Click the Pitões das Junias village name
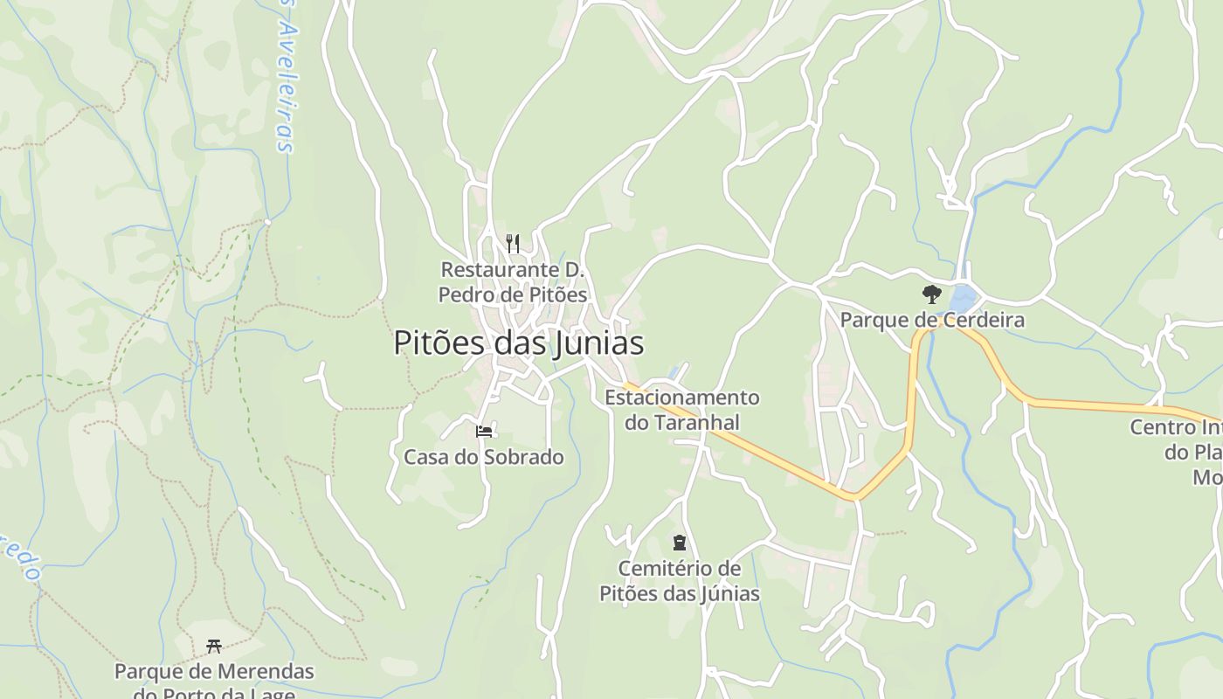click(x=518, y=343)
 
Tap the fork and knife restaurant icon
click(x=513, y=243)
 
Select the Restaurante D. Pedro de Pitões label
click(x=513, y=282)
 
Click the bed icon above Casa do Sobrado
click(x=484, y=432)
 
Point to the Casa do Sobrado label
click(x=483, y=457)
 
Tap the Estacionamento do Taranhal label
click(x=681, y=410)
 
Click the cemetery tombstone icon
click(x=680, y=543)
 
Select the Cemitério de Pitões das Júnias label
click(x=680, y=581)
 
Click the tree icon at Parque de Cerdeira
click(x=932, y=294)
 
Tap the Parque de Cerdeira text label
click(x=932, y=321)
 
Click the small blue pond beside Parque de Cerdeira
click(x=963, y=298)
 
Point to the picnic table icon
click(x=214, y=647)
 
